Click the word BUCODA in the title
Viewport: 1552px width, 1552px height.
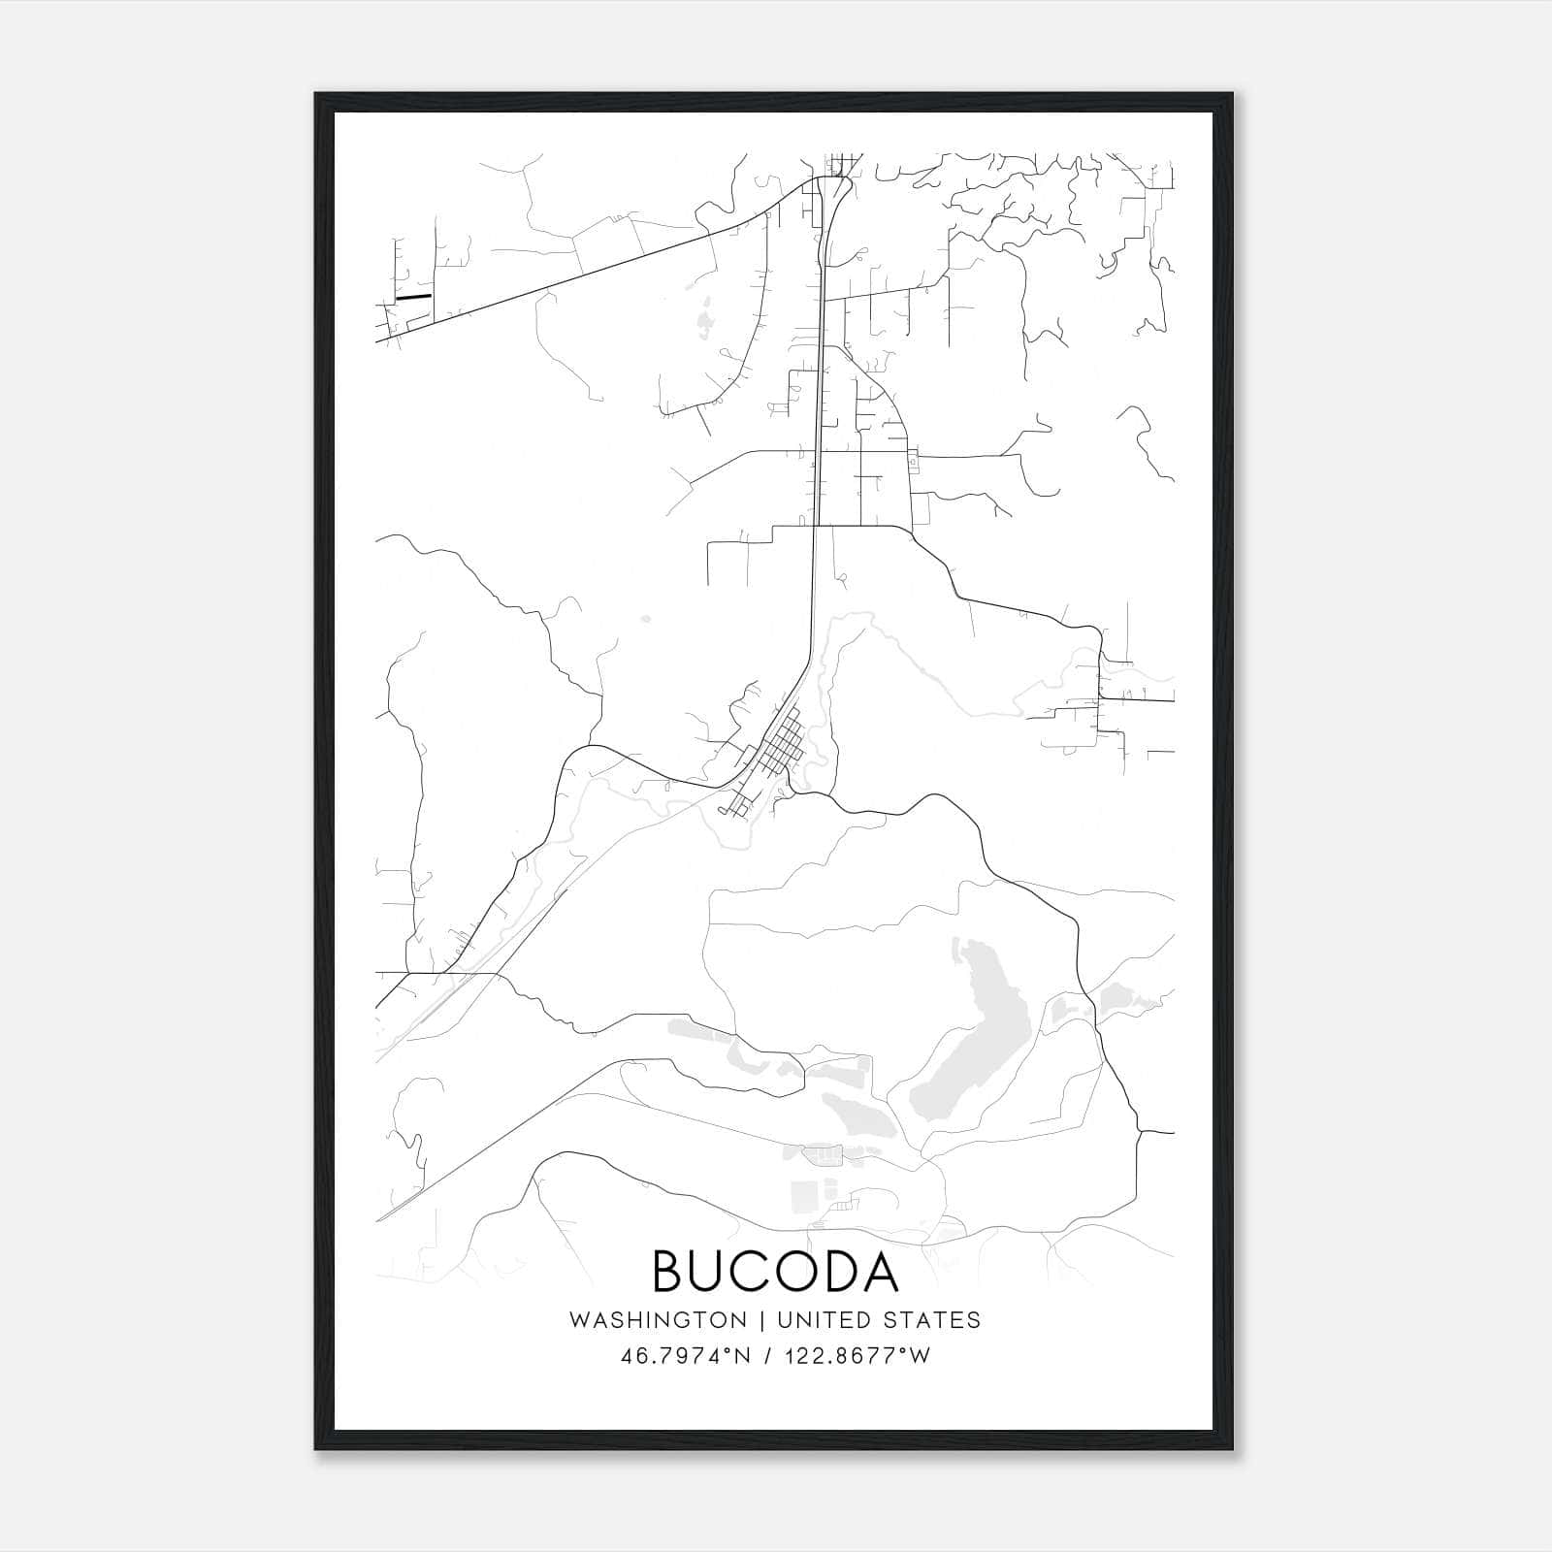click(x=775, y=1272)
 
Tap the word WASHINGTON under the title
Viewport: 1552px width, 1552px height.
click(x=659, y=1320)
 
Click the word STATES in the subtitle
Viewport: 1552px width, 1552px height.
click(x=933, y=1320)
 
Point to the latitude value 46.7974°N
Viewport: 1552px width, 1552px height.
click(x=686, y=1356)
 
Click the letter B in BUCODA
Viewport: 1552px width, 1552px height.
click(x=669, y=1272)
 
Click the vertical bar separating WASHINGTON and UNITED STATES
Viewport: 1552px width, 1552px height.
click(x=762, y=1320)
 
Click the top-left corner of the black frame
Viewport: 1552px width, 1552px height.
click(x=317, y=95)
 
